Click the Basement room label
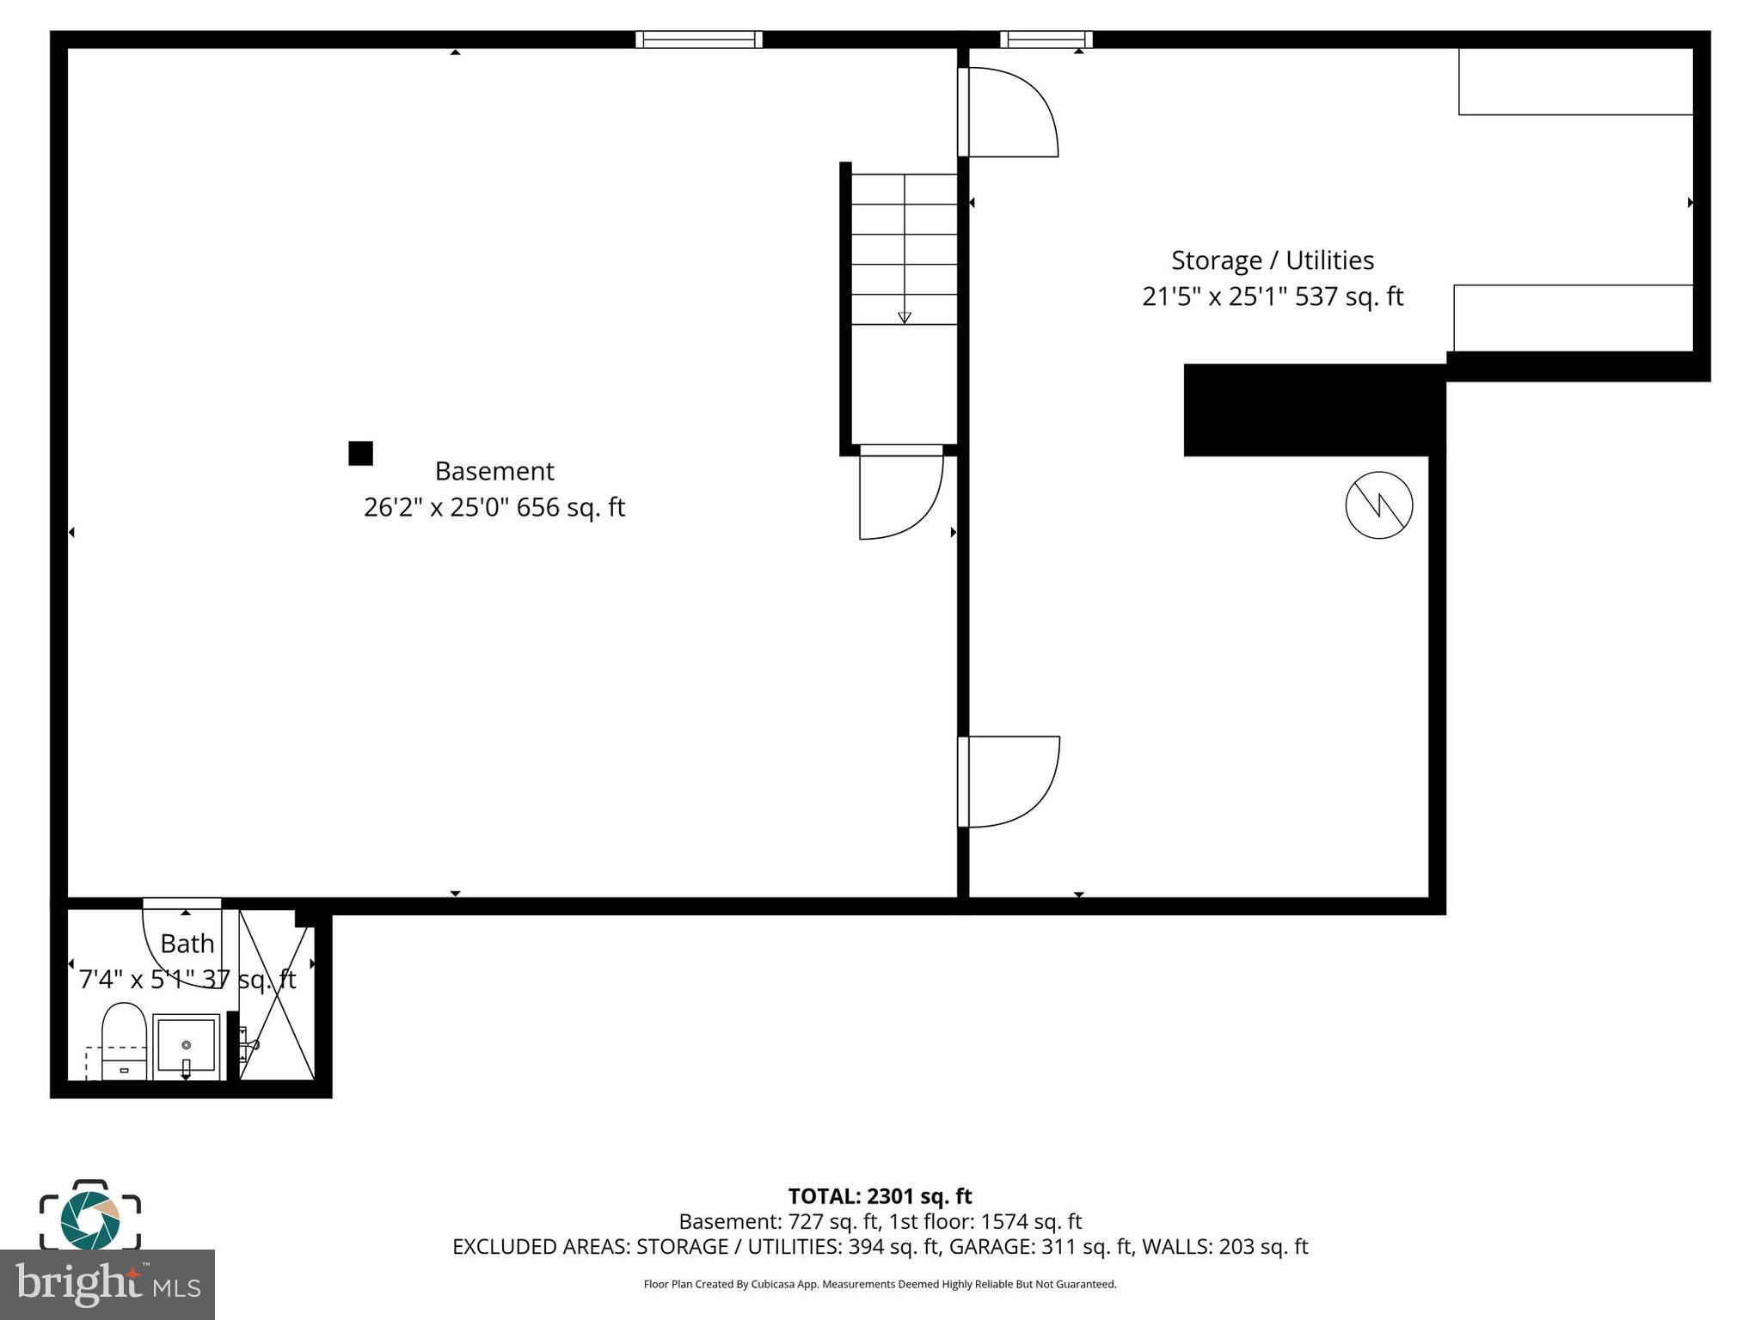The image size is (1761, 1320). [x=494, y=471]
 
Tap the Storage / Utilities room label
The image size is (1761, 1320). [x=1273, y=260]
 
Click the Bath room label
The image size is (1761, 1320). [x=187, y=944]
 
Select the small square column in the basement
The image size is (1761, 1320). [x=360, y=453]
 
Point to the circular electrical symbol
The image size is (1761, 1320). [x=1378, y=505]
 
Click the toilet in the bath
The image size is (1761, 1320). [x=124, y=1040]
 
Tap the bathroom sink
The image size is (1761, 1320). [x=186, y=1046]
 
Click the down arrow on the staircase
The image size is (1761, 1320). [x=905, y=316]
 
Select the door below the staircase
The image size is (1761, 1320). [x=899, y=494]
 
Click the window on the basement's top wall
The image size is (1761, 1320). [x=698, y=40]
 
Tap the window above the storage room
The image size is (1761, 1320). [x=1046, y=40]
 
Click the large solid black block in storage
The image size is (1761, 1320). [x=1313, y=410]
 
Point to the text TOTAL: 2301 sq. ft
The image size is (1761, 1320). [x=880, y=1196]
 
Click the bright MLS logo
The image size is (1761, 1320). [x=107, y=1284]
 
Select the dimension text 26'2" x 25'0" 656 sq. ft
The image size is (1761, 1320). [x=494, y=508]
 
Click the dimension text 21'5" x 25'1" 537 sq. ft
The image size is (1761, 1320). [x=1273, y=297]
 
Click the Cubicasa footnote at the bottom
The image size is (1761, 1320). [x=880, y=1285]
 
